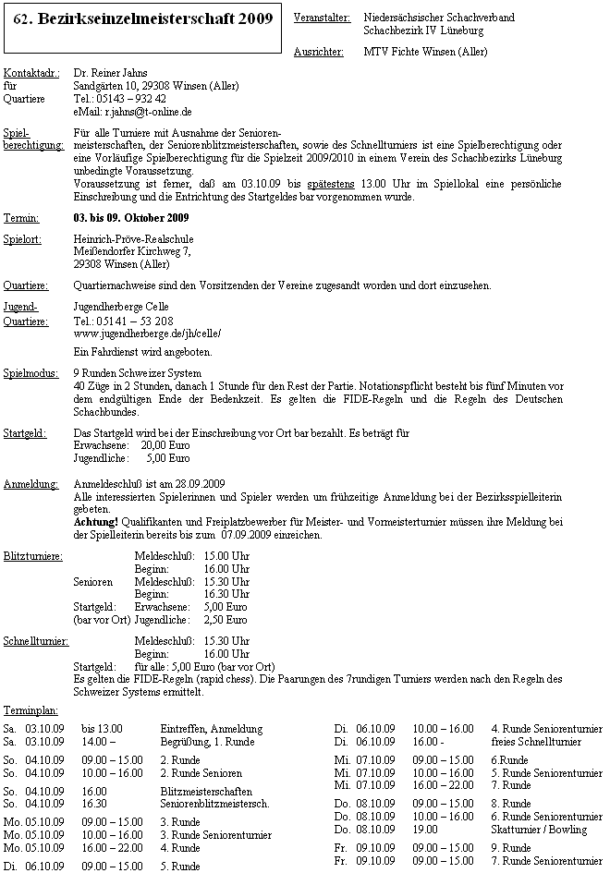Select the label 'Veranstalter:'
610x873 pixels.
click(x=321, y=18)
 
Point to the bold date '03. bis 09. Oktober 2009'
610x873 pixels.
click(x=130, y=218)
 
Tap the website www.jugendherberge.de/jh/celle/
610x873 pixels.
click(x=147, y=333)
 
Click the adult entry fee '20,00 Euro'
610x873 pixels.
click(x=165, y=444)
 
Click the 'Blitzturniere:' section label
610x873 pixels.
click(x=33, y=555)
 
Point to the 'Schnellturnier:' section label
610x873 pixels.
click(x=36, y=640)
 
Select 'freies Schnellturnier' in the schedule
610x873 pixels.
click(x=536, y=741)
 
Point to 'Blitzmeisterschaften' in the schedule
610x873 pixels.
click(x=207, y=791)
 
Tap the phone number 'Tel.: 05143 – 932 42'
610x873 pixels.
click(x=119, y=99)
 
